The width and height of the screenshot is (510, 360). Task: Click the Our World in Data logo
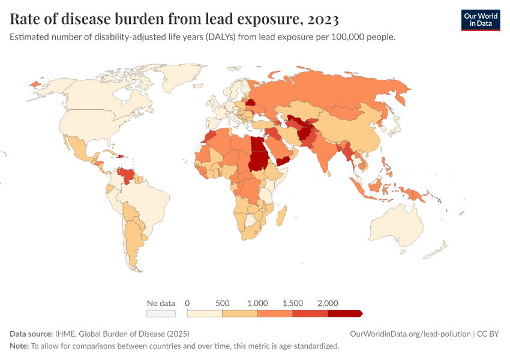pos(480,20)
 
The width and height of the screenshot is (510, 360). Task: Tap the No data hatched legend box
pos(161,313)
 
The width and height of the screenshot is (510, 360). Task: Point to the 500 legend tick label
pos(222,303)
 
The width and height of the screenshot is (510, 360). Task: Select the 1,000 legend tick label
pos(257,303)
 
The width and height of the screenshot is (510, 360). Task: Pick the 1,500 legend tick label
pos(293,303)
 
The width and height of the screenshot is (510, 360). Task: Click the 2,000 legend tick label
pos(328,303)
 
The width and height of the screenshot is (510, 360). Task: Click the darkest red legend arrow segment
pos(345,313)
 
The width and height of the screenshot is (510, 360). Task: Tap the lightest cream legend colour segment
pos(205,313)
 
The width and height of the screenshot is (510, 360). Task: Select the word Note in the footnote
pos(19,346)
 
